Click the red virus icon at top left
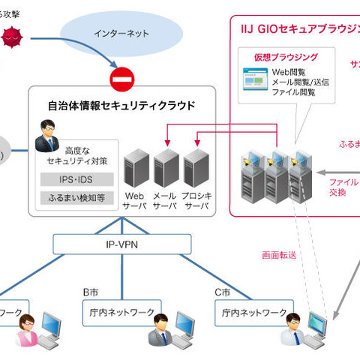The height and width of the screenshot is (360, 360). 11,35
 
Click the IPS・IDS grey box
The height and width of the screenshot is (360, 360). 76,179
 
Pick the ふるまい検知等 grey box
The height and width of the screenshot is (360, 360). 76,198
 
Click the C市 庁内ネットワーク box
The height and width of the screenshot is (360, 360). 253,311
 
